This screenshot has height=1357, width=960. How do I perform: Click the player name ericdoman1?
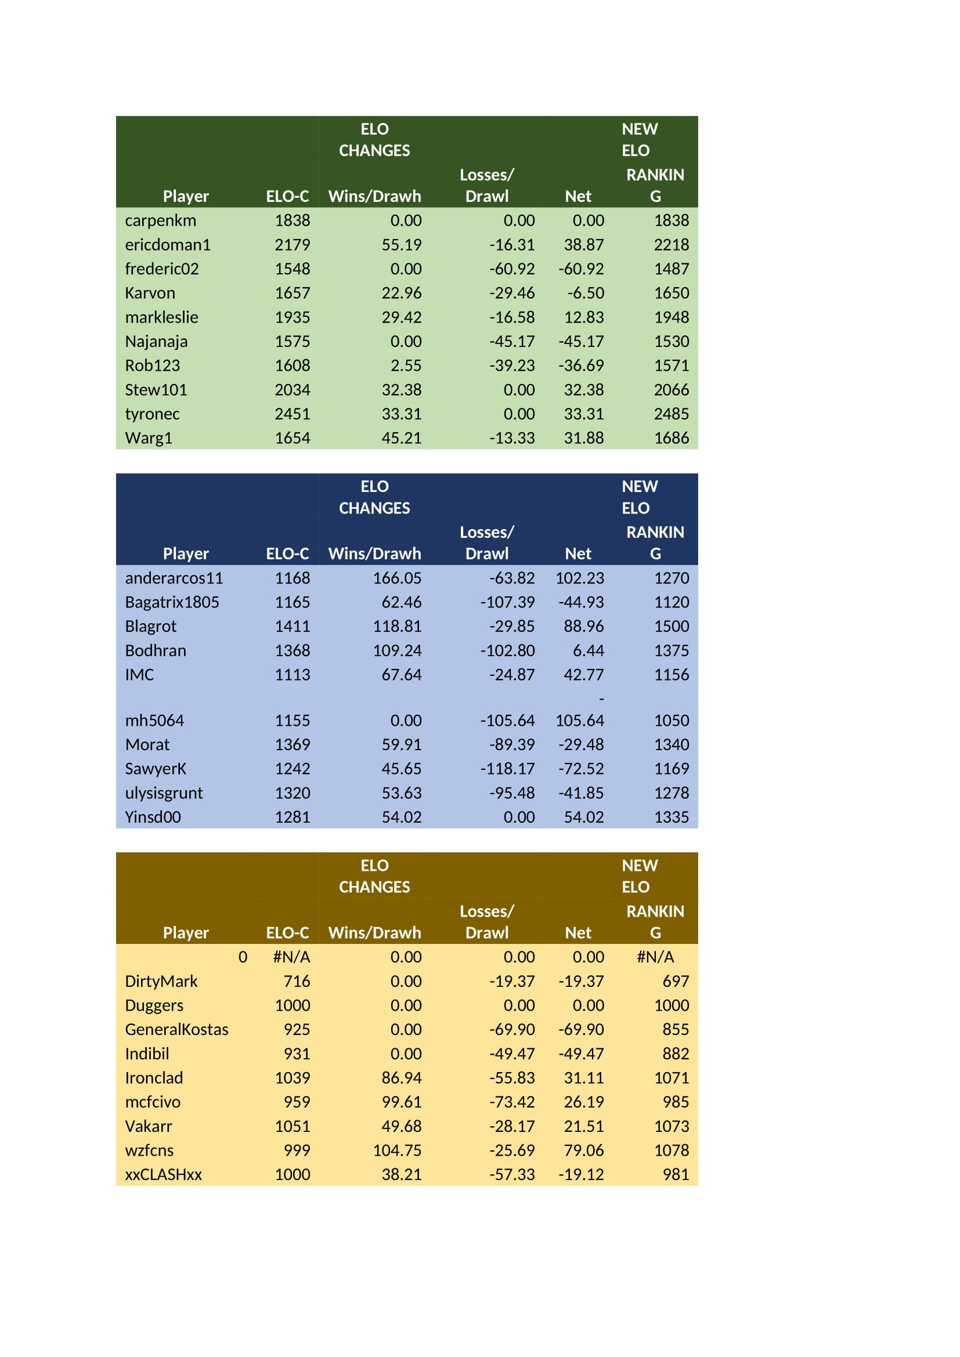(x=167, y=245)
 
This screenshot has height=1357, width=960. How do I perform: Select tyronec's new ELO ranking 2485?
(x=671, y=414)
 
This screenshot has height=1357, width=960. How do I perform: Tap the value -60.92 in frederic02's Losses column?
(x=512, y=269)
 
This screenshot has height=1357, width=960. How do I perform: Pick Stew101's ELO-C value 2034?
(x=292, y=389)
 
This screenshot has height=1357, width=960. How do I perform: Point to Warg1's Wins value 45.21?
(x=402, y=438)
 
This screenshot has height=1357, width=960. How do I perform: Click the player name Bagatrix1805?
(x=172, y=602)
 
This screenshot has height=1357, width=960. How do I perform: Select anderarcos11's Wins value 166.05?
(x=397, y=577)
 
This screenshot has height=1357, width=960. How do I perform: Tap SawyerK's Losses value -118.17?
(x=507, y=768)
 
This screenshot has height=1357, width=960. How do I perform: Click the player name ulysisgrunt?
(x=164, y=793)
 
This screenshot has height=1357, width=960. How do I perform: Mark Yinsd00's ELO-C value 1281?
(x=292, y=817)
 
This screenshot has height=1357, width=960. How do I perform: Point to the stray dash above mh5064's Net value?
(x=601, y=699)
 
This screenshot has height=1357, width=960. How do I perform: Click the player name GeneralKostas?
(x=177, y=1029)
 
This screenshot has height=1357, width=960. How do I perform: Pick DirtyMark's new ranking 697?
(x=676, y=981)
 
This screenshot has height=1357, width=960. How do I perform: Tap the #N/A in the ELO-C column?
(x=291, y=957)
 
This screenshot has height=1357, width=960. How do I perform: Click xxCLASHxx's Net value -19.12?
(x=581, y=1174)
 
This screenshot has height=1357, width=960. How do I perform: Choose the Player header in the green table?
(x=186, y=196)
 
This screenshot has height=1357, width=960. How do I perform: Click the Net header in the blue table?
(x=578, y=553)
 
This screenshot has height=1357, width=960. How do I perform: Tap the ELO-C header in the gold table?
(x=287, y=933)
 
